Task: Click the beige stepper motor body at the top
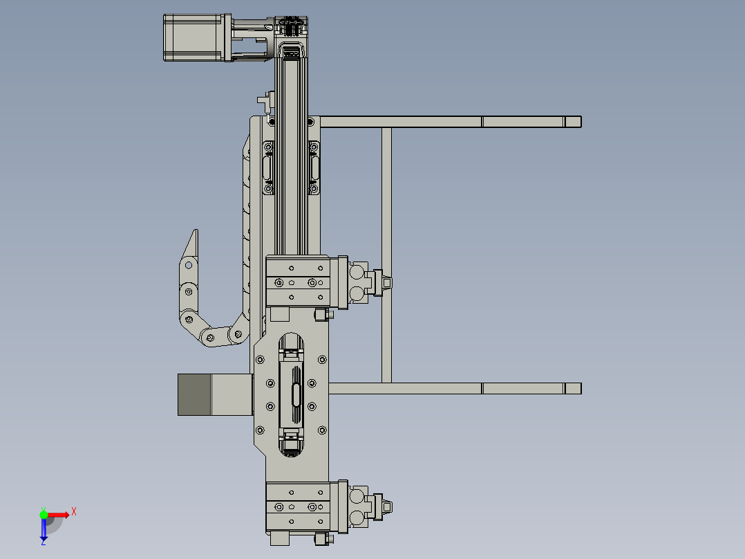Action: [192, 38]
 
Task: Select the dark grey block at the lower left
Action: [194, 394]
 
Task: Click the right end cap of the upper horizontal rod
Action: [573, 122]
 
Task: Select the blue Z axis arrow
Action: [44, 529]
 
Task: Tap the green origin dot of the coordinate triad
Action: [44, 514]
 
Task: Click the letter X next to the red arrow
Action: [73, 512]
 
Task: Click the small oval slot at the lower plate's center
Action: [296, 394]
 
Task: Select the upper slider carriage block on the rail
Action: [298, 281]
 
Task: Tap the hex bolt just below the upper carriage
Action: [321, 315]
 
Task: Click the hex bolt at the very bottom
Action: [320, 539]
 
